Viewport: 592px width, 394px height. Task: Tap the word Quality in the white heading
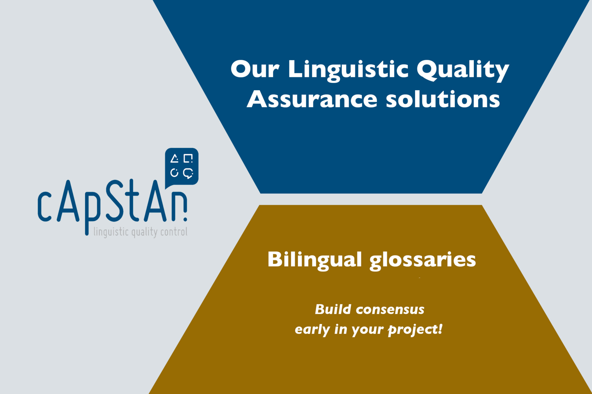(462, 70)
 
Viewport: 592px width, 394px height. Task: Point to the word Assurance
(312, 100)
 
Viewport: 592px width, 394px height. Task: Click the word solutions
(443, 100)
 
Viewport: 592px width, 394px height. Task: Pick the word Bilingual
(314, 260)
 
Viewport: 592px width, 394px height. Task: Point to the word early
(312, 329)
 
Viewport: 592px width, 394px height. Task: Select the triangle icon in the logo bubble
(174, 159)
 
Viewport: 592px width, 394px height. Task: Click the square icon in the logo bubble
(188, 159)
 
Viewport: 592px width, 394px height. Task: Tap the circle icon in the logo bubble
(174, 173)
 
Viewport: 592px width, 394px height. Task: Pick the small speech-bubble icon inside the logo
(188, 173)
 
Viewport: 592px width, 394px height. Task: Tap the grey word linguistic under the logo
(111, 232)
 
